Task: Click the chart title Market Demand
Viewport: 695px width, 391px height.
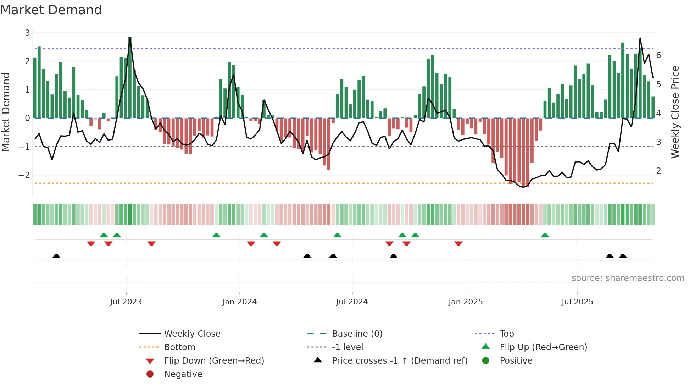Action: pos(51,10)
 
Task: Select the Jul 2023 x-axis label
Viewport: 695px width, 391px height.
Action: pos(126,302)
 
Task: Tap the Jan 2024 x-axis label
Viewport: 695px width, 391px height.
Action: pos(239,302)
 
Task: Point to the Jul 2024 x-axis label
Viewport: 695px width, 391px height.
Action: pos(352,302)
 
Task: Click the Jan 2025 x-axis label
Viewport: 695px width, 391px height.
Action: pos(465,302)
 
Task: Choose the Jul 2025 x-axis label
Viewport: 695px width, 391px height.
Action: pos(577,302)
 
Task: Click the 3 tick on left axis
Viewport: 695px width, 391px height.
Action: pos(27,33)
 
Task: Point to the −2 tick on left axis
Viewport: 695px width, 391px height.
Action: pos(24,175)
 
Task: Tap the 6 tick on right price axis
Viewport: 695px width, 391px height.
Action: pos(658,55)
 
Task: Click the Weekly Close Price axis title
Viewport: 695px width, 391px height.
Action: pos(675,112)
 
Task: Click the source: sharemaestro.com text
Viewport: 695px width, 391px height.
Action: pos(628,278)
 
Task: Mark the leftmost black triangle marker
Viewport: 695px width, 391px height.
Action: pos(56,256)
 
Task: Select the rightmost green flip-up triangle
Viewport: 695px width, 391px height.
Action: pos(545,235)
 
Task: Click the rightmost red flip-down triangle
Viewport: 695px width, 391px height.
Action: pos(458,243)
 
